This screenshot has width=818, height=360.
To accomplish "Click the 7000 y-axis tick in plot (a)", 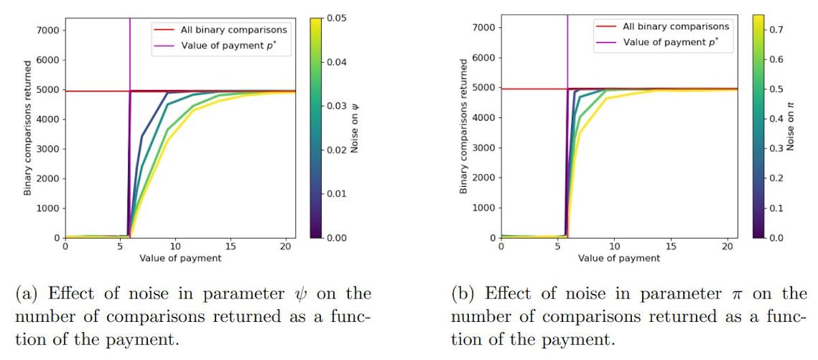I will coord(50,30).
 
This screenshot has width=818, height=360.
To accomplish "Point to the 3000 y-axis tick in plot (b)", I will coord(487,147).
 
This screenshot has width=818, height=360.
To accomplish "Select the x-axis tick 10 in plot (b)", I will coord(613,247).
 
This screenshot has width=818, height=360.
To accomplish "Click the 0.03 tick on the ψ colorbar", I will coord(337,106).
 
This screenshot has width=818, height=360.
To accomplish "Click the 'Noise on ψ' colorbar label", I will coord(354,127).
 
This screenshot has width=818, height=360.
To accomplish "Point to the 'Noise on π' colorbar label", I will coord(790,127).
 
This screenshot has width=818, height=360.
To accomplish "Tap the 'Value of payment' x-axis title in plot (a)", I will coord(180,258).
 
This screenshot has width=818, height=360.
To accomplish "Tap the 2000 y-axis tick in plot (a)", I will coord(50,179).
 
